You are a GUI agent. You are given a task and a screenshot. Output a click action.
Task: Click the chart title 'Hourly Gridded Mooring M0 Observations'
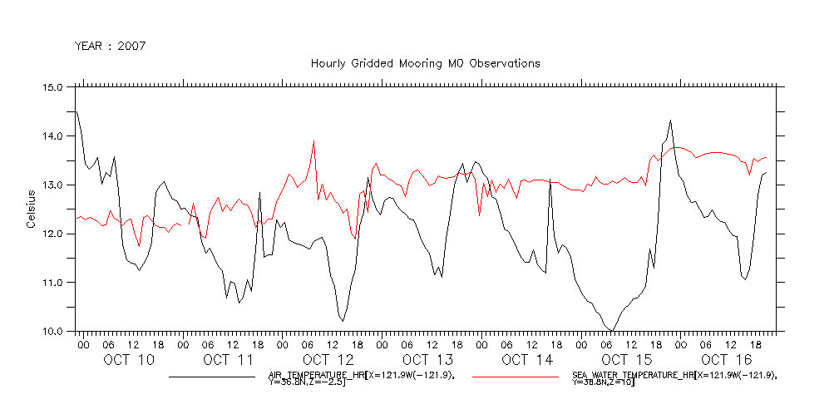pyautogui.click(x=425, y=63)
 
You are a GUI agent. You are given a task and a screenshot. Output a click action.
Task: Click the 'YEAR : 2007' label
pyautogui.click(x=111, y=46)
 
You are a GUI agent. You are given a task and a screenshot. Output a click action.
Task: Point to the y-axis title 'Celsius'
pyautogui.click(x=32, y=209)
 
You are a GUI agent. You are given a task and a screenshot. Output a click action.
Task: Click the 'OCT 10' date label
pyautogui.click(x=129, y=360)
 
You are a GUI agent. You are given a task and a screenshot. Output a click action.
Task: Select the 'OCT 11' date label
pyautogui.click(x=228, y=360)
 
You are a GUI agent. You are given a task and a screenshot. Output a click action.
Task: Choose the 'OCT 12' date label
pyautogui.click(x=328, y=360)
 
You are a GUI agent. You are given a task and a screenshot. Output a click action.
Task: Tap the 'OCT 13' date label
pyautogui.click(x=427, y=360)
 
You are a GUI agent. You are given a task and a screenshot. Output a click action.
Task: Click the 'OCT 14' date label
pyautogui.click(x=527, y=360)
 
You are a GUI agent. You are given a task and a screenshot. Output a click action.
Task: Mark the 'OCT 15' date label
pyautogui.click(x=627, y=360)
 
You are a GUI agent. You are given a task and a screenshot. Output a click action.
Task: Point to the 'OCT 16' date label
pyautogui.click(x=726, y=360)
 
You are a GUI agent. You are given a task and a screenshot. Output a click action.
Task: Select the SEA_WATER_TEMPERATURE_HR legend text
pyautogui.click(x=674, y=379)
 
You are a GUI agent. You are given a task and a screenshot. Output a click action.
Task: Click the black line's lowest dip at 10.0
pyautogui.click(x=612, y=331)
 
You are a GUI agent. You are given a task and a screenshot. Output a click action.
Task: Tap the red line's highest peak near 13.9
pyautogui.click(x=313, y=141)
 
